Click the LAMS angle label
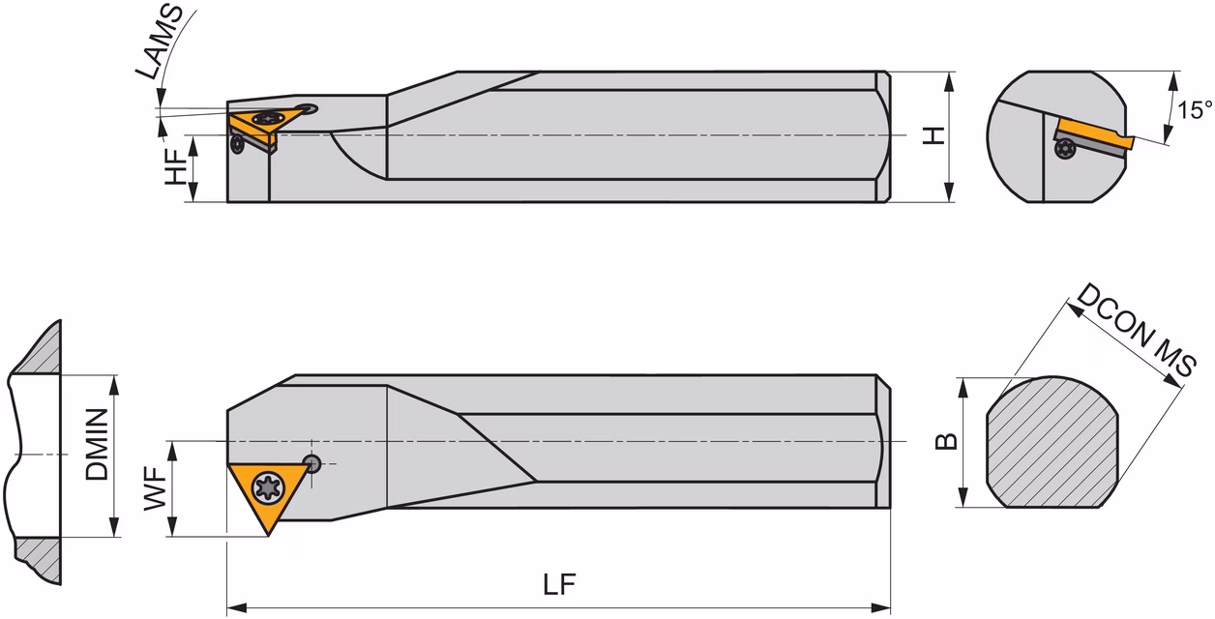159,43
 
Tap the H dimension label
933,135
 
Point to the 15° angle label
1195,110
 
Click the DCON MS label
1136,331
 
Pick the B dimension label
946,442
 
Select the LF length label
560,584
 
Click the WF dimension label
155,488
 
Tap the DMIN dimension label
98,445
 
